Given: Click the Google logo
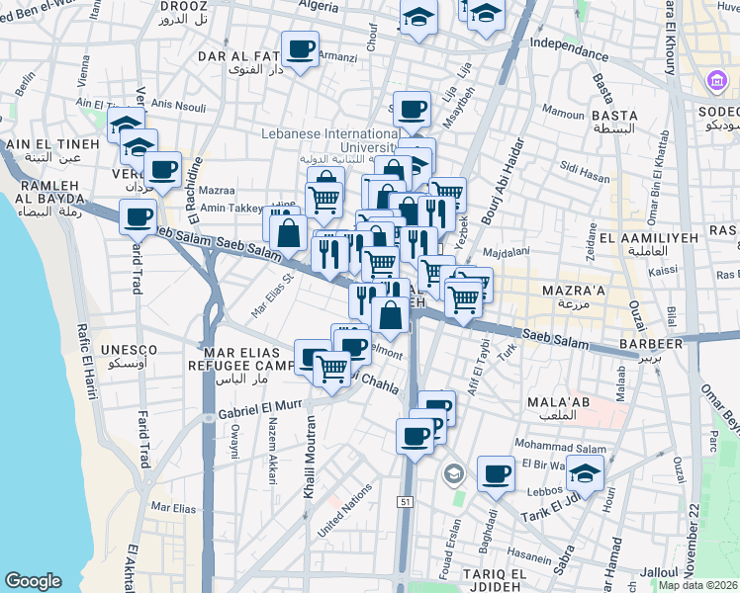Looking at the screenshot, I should tap(33, 581).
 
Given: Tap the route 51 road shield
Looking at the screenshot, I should tap(406, 503).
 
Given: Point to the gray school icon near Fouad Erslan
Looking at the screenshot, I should tap(454, 473).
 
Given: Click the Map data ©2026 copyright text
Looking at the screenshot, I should tap(698, 584).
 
